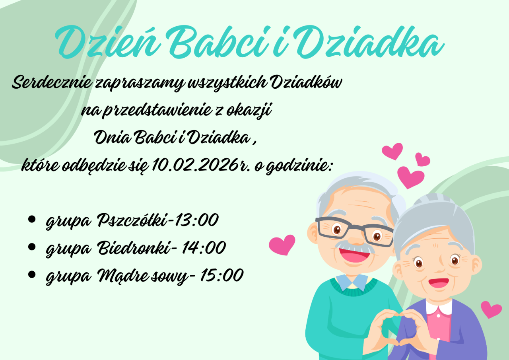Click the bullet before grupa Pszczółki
pyautogui.click(x=32, y=219)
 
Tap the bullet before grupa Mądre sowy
pyautogui.click(x=32, y=274)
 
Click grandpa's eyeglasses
pyautogui.click(x=354, y=231)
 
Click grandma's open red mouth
pyautogui.click(x=439, y=283)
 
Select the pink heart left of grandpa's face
pyautogui.click(x=282, y=245)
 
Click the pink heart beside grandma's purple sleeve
pyautogui.click(x=491, y=309)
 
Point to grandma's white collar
pyautogui.click(x=439, y=307)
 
